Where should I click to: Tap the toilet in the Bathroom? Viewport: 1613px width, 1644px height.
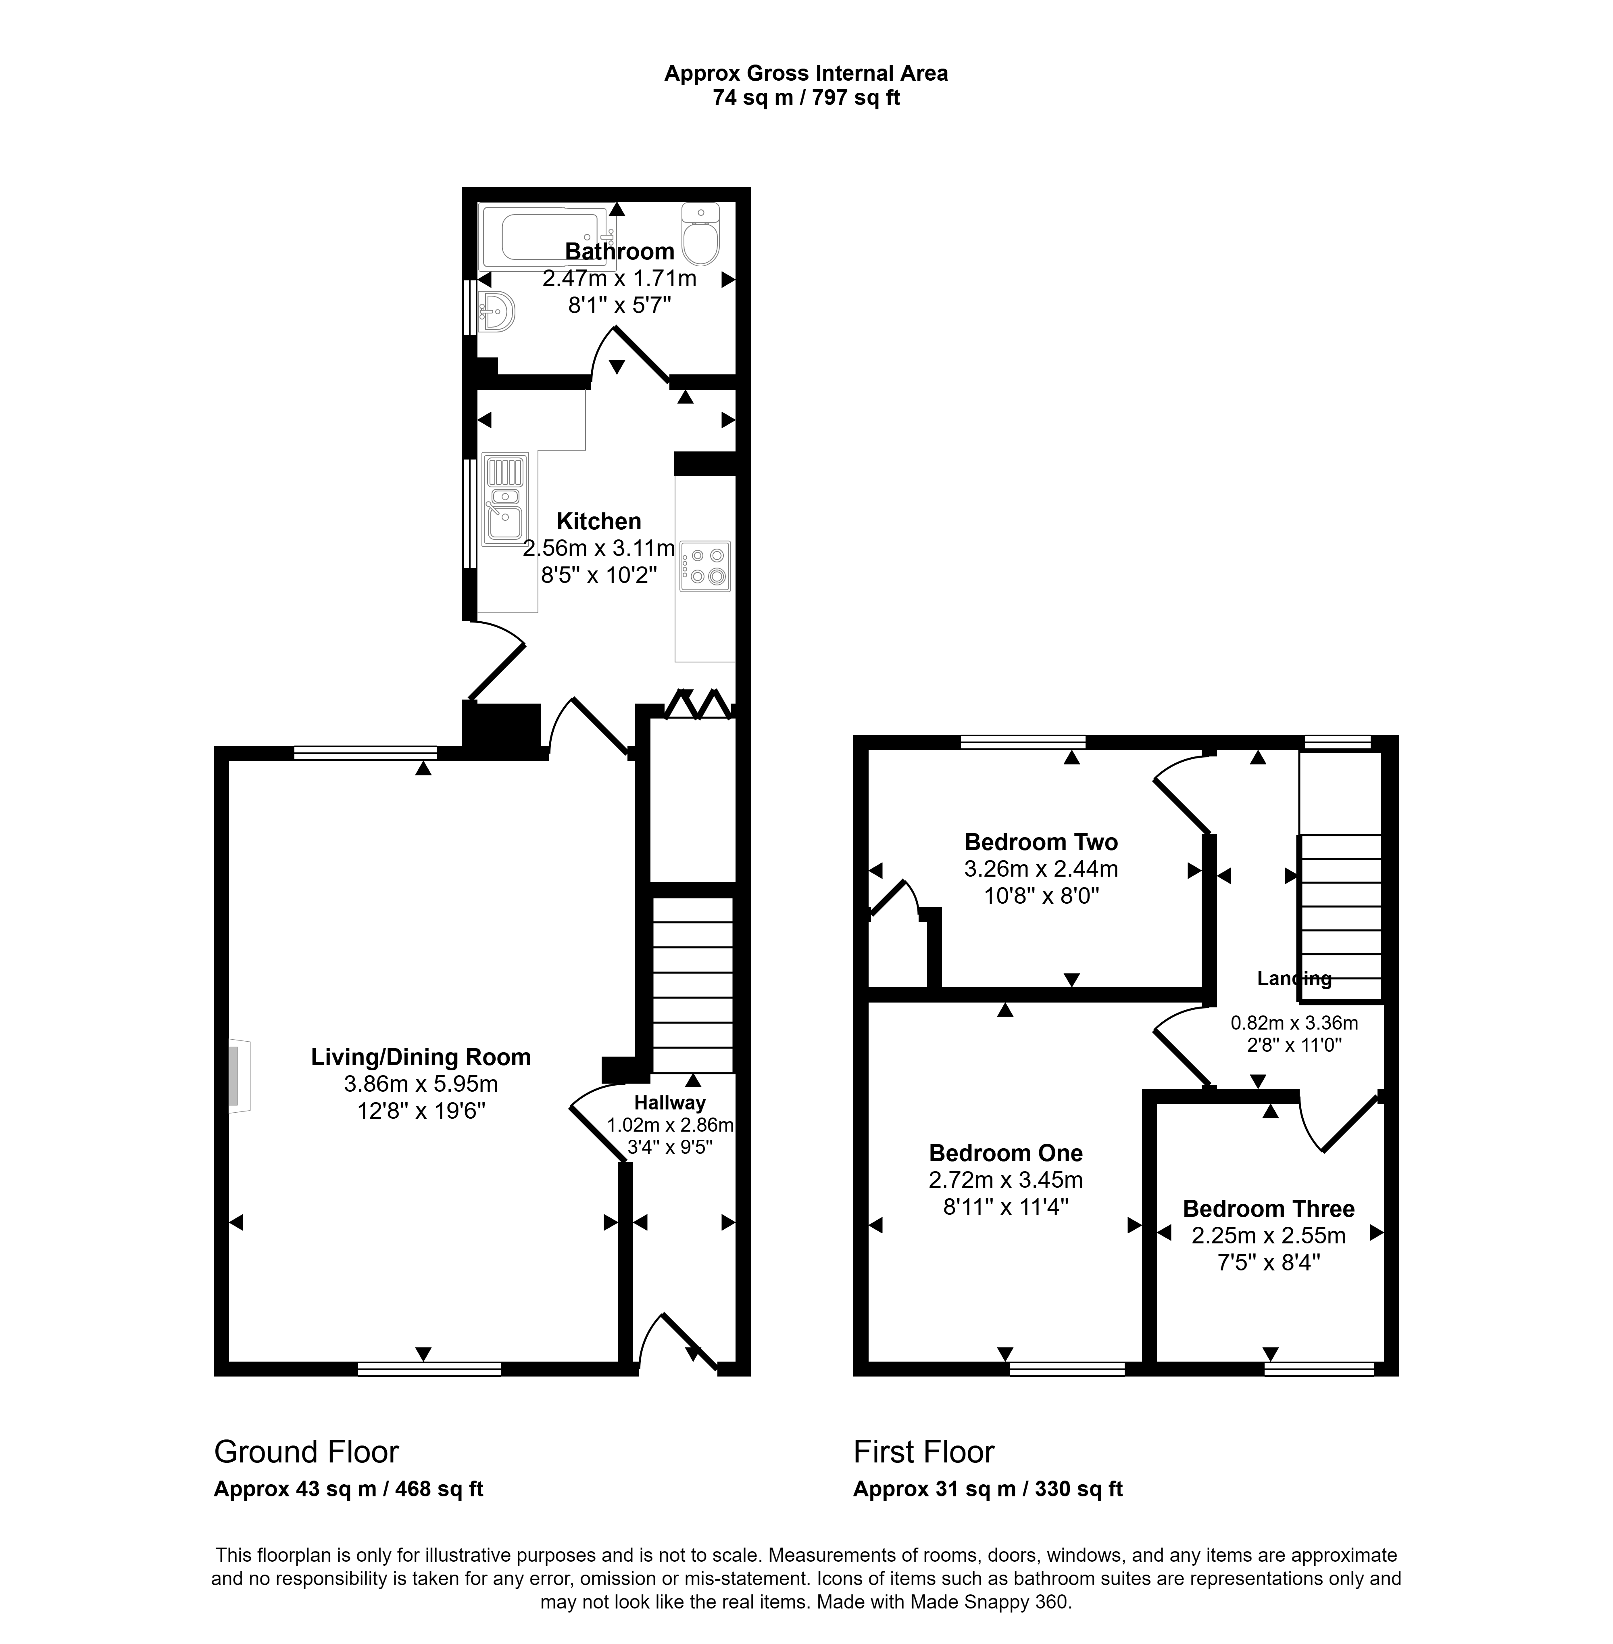pyautogui.click(x=700, y=234)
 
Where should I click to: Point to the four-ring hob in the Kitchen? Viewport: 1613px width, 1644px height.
pyautogui.click(x=705, y=566)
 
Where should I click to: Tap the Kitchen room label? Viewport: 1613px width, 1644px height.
pyautogui.click(x=599, y=521)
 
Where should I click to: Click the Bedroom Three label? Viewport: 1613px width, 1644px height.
pyautogui.click(x=1268, y=1208)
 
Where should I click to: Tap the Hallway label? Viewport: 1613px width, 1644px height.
pyautogui.click(x=670, y=1103)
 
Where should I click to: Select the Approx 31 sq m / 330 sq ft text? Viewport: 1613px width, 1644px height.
pyautogui.click(x=988, y=1489)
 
